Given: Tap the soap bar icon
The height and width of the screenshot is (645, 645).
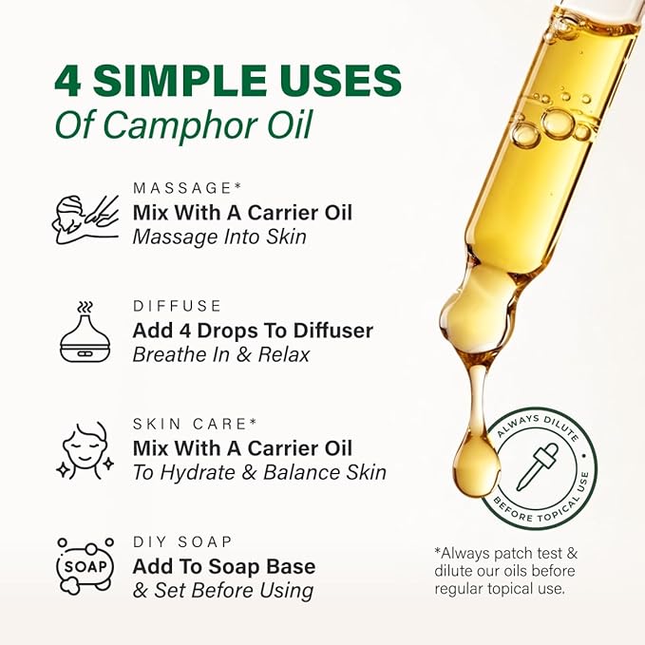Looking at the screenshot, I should [x=85, y=567].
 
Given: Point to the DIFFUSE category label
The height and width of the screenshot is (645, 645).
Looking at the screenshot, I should [x=178, y=306].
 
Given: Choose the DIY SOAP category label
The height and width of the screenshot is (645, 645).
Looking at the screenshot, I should [x=182, y=541].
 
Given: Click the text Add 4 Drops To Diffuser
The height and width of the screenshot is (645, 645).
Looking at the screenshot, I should [x=253, y=331].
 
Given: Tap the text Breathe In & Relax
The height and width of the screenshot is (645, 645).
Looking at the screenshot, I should [x=220, y=354].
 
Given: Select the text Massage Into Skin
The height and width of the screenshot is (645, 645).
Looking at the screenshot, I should [x=219, y=236].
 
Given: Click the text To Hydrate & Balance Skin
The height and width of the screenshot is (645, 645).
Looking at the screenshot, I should [x=259, y=472].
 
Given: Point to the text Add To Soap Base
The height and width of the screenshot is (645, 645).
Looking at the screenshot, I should [x=224, y=567].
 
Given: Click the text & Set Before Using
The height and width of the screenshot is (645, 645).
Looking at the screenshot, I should [x=223, y=591].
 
